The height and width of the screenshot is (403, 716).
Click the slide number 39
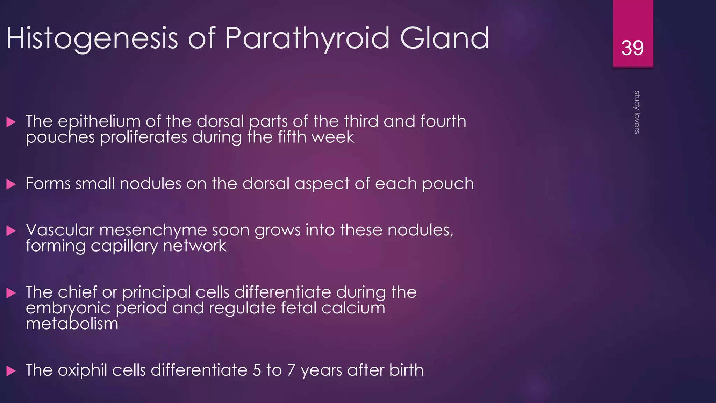tap(632, 48)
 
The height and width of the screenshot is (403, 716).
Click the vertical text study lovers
tap(637, 112)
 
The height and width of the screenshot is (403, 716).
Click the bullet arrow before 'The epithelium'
tap(11, 122)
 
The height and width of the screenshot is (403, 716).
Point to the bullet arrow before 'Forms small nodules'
tap(11, 184)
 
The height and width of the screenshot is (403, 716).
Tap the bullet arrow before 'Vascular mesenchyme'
tap(11, 231)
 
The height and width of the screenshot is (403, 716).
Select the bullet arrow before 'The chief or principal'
tap(11, 293)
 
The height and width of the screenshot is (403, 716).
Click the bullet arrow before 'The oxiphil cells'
tap(11, 371)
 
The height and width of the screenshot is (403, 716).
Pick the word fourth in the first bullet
tap(443, 121)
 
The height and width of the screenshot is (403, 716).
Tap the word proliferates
tap(143, 137)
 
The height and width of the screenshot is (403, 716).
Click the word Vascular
tap(60, 230)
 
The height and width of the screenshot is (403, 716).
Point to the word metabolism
tap(72, 324)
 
